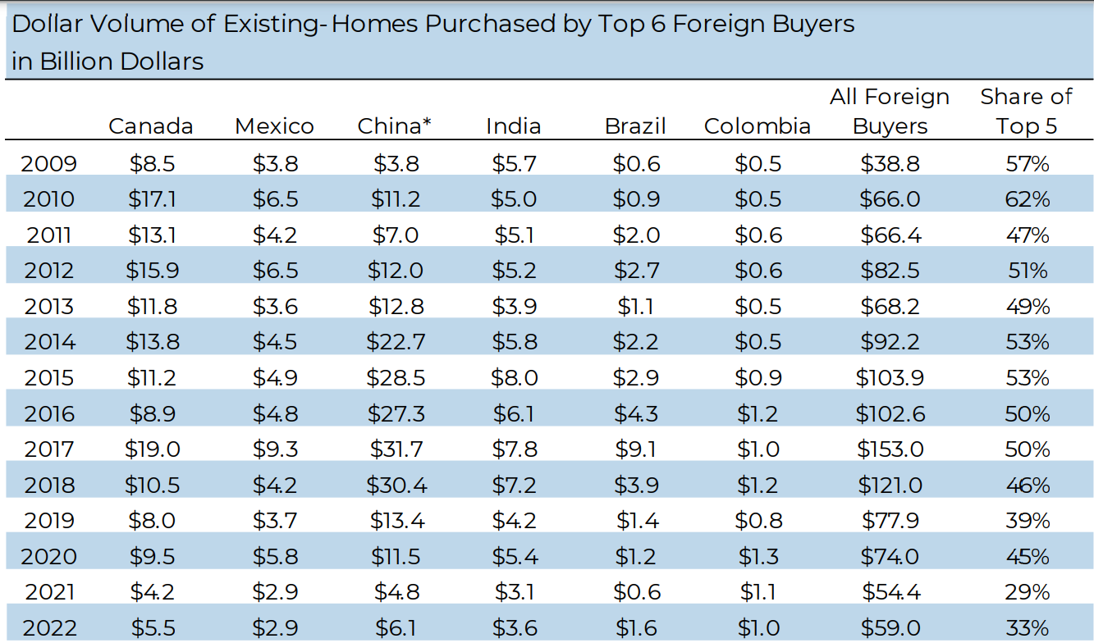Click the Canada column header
click(151, 126)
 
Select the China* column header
click(395, 126)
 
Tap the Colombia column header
click(757, 126)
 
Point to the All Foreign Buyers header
click(890, 112)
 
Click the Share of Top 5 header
click(1026, 112)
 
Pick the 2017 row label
click(49, 449)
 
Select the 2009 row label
click(49, 164)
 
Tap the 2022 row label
click(49, 628)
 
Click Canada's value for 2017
click(152, 449)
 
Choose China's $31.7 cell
click(396, 449)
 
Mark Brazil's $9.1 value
click(635, 449)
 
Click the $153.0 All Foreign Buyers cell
click(890, 449)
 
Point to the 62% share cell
click(1028, 199)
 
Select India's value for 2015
click(515, 378)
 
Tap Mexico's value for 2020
click(274, 557)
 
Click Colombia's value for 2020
click(758, 557)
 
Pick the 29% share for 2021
click(1028, 592)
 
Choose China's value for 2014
click(396, 342)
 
